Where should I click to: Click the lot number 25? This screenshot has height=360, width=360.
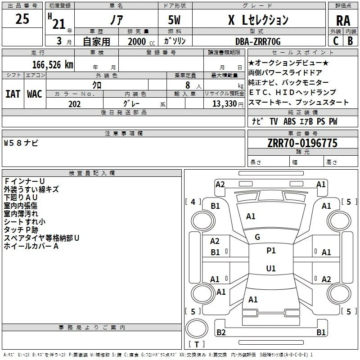[x=22, y=19]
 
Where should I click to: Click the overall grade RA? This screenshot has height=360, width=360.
[x=343, y=21]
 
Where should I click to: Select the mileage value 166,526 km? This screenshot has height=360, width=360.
[x=53, y=65]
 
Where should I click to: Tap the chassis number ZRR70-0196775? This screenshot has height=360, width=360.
[x=302, y=143]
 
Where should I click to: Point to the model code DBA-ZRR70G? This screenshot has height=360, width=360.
[x=258, y=41]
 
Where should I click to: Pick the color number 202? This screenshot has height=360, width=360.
[x=74, y=104]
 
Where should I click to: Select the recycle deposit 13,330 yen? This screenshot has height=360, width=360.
[x=228, y=104]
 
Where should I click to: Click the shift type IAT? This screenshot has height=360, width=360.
[x=13, y=94]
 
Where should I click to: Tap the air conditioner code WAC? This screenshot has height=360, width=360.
[x=35, y=94]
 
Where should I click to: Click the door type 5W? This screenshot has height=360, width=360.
[x=174, y=20]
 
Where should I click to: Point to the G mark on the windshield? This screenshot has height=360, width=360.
[x=257, y=237]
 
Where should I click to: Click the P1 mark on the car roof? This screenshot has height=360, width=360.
[x=271, y=251]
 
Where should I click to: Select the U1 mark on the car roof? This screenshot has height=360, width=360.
[x=271, y=268]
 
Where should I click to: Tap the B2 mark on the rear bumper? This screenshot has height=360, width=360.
[x=221, y=332]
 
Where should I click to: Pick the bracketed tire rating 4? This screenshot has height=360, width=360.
[x=193, y=202]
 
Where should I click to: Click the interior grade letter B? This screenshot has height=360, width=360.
[x=351, y=41]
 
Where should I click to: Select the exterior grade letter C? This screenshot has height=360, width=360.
[x=336, y=41]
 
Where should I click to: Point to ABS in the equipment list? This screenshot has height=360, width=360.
[x=289, y=121]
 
